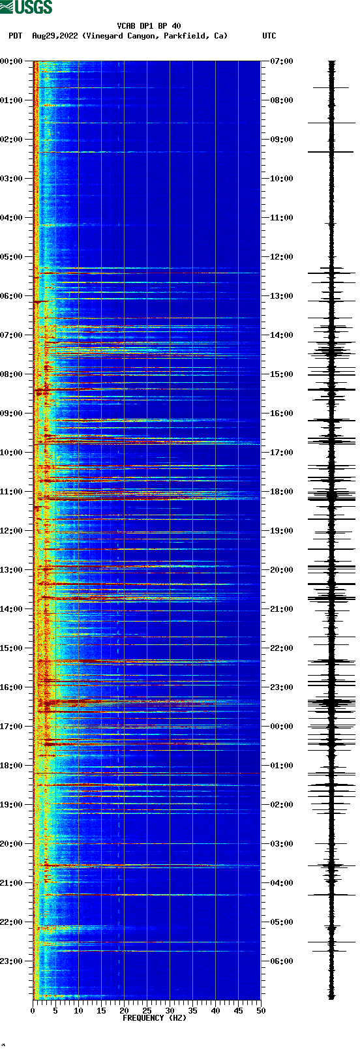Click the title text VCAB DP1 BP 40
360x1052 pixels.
149,26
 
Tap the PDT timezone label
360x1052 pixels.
15,36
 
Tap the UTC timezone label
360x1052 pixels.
269,36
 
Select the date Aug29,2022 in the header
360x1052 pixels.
55,36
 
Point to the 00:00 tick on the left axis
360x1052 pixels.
11,61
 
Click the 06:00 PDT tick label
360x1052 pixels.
11,296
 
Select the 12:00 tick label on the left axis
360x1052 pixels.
11,531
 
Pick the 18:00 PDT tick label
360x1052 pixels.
11,766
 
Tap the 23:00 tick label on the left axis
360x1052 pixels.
11,961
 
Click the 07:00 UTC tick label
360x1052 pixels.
282,61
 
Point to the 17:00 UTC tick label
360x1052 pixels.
282,453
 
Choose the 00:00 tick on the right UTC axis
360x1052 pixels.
282,727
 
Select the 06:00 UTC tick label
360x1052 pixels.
282,961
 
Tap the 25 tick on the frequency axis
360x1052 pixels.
147,1011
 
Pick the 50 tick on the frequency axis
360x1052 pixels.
261,1011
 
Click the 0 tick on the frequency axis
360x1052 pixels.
33,1011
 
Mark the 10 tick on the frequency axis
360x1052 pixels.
78,1011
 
